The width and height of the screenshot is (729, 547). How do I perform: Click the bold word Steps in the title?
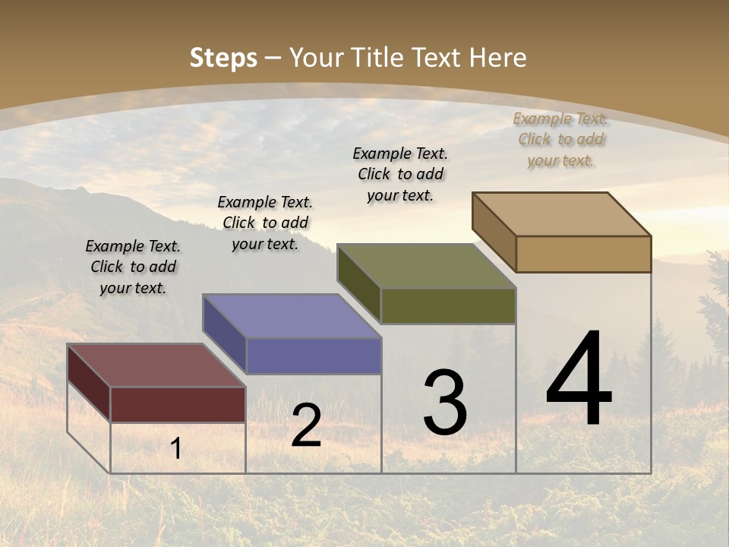[x=223, y=58]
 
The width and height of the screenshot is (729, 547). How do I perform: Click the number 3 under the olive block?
[x=444, y=403]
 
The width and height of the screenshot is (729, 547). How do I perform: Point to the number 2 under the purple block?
[x=306, y=425]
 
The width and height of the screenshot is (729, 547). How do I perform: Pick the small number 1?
[x=175, y=449]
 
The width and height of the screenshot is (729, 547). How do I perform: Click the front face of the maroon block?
[x=178, y=404]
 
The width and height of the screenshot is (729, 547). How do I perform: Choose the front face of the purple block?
[x=314, y=356]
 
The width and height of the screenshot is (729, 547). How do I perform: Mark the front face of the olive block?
[x=448, y=305]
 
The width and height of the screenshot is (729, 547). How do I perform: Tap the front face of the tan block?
[x=583, y=254]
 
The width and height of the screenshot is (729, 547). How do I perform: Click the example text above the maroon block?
[x=133, y=267]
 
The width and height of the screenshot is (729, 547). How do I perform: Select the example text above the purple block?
[x=265, y=223]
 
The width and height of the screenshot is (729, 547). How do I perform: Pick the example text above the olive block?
[x=400, y=174]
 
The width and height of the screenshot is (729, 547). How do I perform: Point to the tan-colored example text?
[x=560, y=139]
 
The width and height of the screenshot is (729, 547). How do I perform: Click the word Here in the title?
[x=498, y=58]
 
